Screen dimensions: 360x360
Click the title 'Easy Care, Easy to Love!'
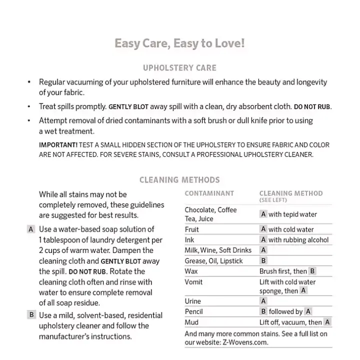[180, 43]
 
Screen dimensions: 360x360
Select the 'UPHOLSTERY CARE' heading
[180, 68]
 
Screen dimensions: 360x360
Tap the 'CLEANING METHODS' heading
[179, 180]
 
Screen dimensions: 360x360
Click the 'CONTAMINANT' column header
[209, 193]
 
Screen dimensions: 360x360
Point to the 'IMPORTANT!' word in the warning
[58, 145]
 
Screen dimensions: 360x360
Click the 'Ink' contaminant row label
[189, 240]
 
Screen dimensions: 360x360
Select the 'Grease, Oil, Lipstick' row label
[213, 261]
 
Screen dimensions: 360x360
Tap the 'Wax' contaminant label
[191, 271]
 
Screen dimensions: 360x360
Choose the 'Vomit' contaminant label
[193, 282]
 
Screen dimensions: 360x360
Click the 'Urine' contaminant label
[192, 301]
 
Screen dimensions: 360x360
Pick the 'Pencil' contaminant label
[193, 312]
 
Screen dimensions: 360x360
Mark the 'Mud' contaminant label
[191, 322]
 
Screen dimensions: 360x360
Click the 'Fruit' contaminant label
[191, 229]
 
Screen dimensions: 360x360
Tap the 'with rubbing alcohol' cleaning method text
[298, 240]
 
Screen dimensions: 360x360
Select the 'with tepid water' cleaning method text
[292, 214]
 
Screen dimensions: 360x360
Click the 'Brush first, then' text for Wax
[283, 271]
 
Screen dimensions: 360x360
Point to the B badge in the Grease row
[263, 261]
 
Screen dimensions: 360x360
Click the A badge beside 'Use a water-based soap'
[31, 229]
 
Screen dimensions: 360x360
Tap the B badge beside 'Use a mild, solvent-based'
[31, 315]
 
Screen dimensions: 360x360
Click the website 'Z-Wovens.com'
[244, 342]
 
